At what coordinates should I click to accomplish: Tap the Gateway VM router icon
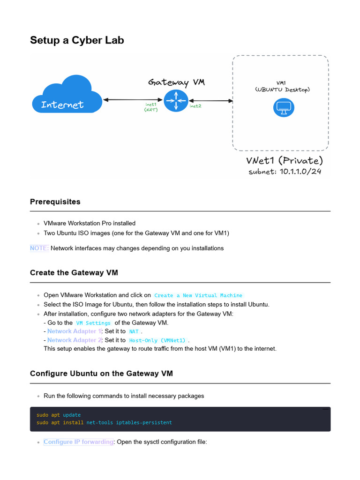pos(176,100)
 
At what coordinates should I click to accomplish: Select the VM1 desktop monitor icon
pos(283,108)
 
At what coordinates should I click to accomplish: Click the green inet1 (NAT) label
pos(150,107)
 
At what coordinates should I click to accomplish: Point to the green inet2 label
pos(195,106)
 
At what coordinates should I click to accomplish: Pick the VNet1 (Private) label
pos(285,160)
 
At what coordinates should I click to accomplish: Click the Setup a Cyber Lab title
pos(77,40)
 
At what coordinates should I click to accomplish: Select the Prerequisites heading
pos(55,202)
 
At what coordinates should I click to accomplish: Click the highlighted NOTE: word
pos(39,248)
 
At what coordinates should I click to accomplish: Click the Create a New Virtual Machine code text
pos(198,296)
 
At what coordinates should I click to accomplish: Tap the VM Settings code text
pos(93,323)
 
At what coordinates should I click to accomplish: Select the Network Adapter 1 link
pos(74,331)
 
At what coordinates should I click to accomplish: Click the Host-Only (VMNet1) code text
pos(157,340)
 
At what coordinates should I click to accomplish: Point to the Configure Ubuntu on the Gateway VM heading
pos(101,374)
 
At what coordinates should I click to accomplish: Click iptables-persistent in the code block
pos(144,423)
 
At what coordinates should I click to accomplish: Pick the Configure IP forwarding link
pos(78,442)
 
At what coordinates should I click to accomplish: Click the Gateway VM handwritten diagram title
pos(176,82)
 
